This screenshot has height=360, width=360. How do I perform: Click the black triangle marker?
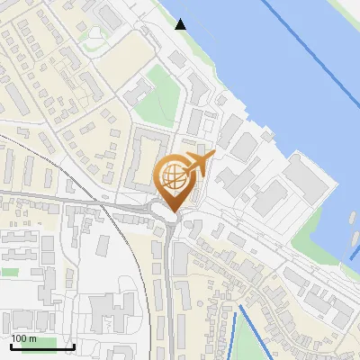click(181, 23)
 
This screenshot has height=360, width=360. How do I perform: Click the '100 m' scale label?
click(24, 338)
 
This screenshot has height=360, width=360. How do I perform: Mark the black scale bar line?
click(42, 346)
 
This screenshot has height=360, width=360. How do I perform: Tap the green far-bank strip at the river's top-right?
click(346, 11)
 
